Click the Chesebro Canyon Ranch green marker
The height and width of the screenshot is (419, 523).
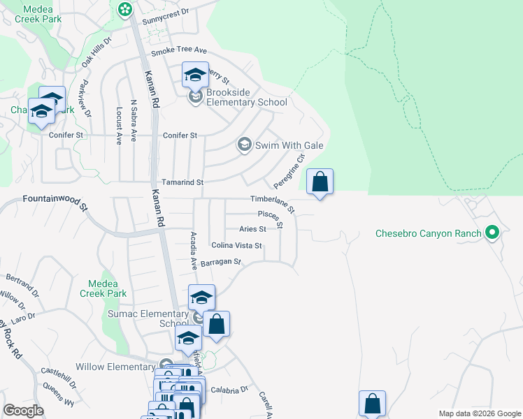[x=492, y=233]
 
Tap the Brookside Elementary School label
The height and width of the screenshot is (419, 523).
[x=247, y=102]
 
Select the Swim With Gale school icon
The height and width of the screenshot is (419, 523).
[x=244, y=145]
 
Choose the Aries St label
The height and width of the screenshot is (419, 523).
[x=252, y=228]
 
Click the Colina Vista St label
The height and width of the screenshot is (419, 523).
[x=236, y=245]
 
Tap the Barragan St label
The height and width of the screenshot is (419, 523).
[x=220, y=263]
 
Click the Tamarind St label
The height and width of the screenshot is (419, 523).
[x=182, y=182]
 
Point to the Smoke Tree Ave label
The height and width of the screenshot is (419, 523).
[x=179, y=50]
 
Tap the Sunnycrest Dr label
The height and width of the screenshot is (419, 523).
[x=166, y=12]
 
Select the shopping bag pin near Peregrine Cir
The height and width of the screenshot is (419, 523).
[x=320, y=182]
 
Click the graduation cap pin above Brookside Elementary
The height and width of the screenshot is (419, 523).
[x=195, y=75]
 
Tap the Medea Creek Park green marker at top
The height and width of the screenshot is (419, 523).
[x=124, y=9]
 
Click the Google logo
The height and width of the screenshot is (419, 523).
[x=23, y=411]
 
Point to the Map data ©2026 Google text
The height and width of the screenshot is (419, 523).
[x=479, y=413]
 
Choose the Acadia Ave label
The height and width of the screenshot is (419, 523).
[x=193, y=251]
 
